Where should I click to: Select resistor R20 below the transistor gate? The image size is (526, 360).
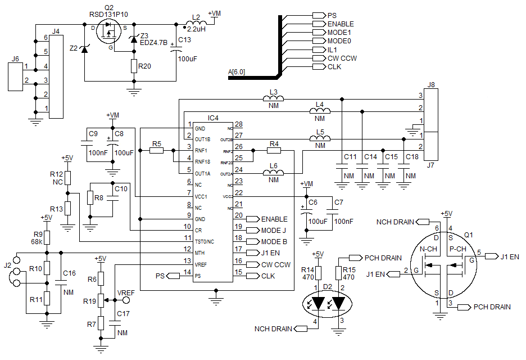click(134, 66)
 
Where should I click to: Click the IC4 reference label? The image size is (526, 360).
click(214, 118)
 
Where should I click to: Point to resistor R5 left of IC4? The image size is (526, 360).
click(157, 151)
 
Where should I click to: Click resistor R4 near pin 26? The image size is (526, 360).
click(274, 151)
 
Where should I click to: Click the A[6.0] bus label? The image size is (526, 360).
click(237, 71)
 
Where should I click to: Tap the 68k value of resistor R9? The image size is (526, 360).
click(38, 241)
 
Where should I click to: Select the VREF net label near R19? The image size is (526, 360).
click(125, 293)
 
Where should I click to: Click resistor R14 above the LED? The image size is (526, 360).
click(318, 273)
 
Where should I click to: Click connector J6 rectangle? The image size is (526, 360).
click(15, 77)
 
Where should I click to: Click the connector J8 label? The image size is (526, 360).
click(431, 85)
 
